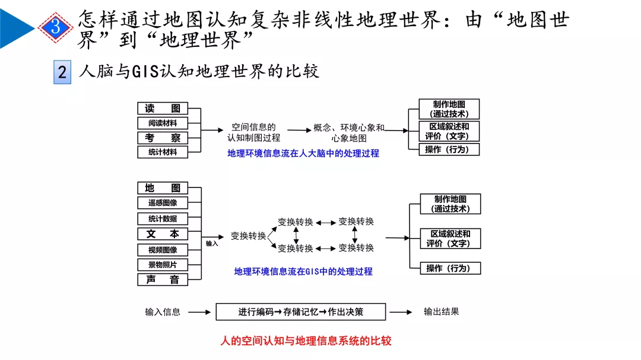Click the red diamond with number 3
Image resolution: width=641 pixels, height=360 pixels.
coord(55,27)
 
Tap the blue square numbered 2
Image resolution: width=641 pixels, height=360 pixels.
coord(62,72)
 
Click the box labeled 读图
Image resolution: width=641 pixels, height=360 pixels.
coord(163,109)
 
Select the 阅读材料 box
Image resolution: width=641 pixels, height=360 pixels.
coord(163,123)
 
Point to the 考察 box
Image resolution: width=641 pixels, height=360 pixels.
coord(163,138)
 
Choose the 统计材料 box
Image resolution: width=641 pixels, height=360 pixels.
coord(163,152)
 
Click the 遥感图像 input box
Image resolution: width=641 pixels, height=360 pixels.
coord(163,203)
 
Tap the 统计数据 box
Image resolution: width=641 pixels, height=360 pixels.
coord(163,218)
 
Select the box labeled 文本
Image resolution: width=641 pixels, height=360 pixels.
coord(163,234)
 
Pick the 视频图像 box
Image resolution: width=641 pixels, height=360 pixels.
coord(163,250)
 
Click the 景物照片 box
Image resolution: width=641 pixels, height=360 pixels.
coord(163,265)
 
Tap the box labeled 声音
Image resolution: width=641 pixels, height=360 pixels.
coord(163,279)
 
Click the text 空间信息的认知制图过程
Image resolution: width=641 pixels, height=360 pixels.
coord(253,132)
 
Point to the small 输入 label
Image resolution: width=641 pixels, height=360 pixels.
coord(212,244)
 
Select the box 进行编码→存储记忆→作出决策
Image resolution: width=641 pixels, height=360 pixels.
coord(300,312)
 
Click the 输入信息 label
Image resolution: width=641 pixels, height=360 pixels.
coord(163,312)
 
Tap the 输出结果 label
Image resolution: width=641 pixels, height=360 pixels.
coord(441,311)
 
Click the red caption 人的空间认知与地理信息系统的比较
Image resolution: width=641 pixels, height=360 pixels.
coord(306,341)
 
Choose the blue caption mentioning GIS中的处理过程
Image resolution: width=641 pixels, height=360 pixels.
coord(303,272)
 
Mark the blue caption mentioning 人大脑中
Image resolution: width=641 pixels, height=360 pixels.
coord(303,153)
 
